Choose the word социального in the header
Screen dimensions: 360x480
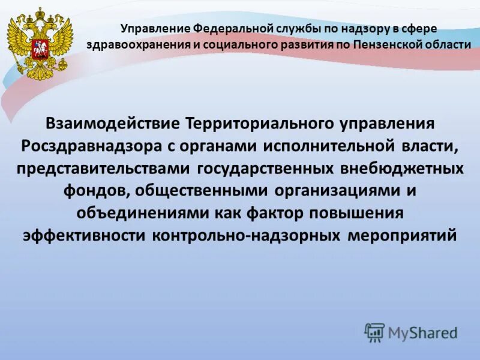click(234, 45)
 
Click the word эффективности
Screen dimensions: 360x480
click(84, 235)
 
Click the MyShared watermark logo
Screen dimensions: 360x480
click(411, 332)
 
